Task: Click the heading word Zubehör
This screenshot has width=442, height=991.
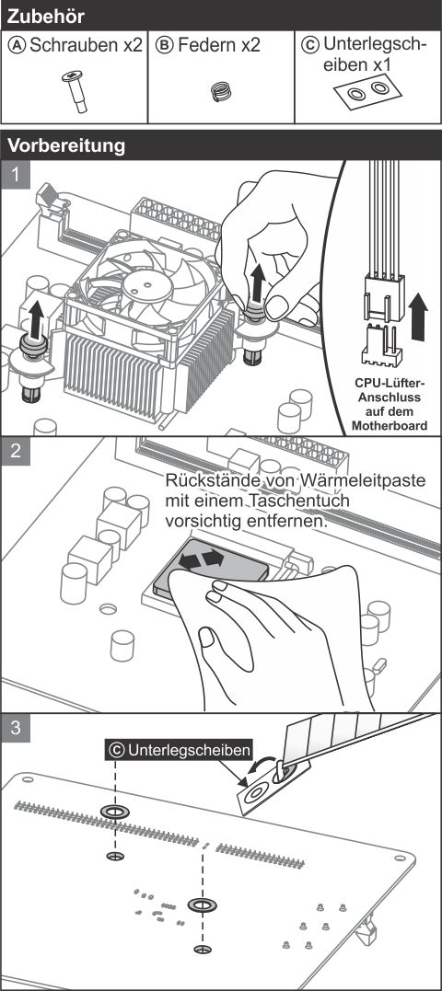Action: (x=45, y=16)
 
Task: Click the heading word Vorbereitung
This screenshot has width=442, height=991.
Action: (x=65, y=146)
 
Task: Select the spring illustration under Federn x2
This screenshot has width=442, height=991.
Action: (x=221, y=92)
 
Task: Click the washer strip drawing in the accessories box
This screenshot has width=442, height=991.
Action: (x=368, y=90)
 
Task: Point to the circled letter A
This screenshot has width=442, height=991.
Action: (x=17, y=45)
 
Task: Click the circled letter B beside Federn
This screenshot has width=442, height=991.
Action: (x=164, y=45)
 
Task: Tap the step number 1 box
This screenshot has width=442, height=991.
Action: (x=16, y=175)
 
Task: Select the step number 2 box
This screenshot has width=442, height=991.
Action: (x=16, y=451)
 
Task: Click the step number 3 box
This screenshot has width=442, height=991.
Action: (x=16, y=728)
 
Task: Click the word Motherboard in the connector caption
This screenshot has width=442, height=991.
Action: (x=390, y=426)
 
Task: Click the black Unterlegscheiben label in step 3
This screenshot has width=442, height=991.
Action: (x=180, y=750)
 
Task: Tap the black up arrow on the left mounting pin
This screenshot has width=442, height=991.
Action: (x=36, y=317)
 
